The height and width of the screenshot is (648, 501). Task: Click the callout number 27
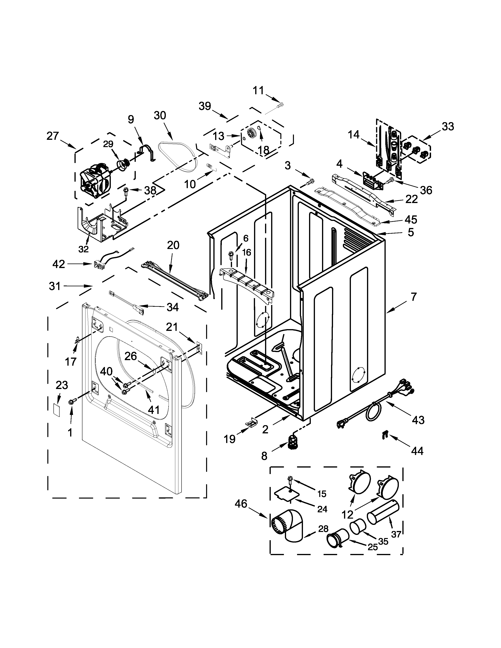coord(53,136)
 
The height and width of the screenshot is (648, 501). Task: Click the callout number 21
coord(172,327)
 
